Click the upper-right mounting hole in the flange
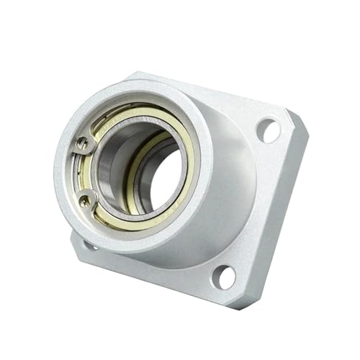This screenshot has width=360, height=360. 268,130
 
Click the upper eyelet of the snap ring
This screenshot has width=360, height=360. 83,144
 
